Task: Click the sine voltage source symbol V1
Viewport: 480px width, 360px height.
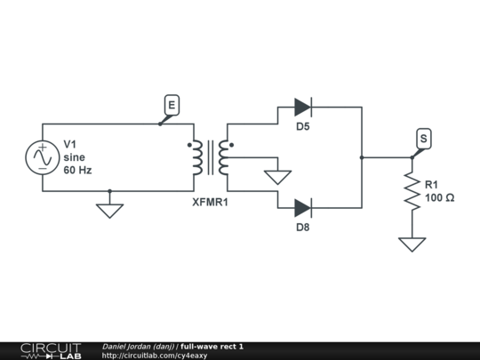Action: [42, 157]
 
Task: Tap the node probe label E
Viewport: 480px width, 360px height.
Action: [172, 106]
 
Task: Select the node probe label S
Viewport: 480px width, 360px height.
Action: [423, 139]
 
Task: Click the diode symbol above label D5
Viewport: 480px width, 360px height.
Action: [302, 108]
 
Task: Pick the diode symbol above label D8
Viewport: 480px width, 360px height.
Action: [302, 208]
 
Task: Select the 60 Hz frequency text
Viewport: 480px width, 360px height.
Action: [77, 169]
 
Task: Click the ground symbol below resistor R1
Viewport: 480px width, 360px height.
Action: [412, 244]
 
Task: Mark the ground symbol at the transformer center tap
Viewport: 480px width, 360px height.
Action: [278, 177]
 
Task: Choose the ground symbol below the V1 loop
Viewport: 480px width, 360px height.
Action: [109, 211]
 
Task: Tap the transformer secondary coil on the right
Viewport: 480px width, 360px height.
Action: [223, 157]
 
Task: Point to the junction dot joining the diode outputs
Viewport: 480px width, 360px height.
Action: [362, 157]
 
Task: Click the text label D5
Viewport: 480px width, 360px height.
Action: [303, 127]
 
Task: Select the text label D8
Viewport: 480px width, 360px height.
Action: [303, 228]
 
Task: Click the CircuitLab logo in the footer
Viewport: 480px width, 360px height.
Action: [50, 350]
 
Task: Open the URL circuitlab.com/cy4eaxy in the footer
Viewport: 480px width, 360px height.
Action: [155, 356]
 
